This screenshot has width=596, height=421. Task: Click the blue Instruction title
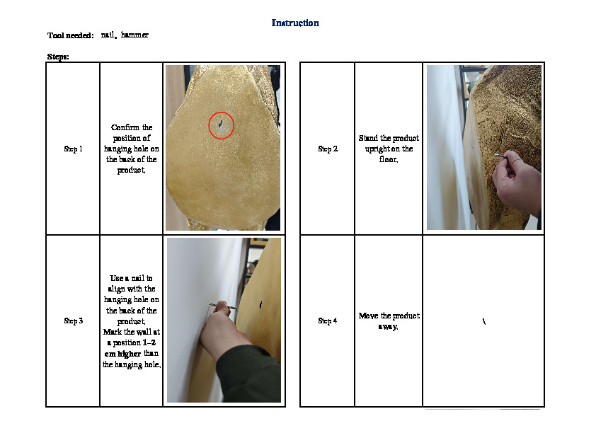click(295, 23)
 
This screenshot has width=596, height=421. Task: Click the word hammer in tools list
click(134, 35)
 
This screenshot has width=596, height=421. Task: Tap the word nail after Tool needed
click(108, 35)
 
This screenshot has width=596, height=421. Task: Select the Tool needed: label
click(70, 35)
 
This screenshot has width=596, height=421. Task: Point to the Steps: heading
click(58, 57)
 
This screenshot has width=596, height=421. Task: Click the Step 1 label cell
click(73, 149)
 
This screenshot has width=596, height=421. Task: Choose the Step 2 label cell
click(328, 149)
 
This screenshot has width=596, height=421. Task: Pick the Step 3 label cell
click(73, 321)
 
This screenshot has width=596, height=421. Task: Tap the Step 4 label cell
click(328, 321)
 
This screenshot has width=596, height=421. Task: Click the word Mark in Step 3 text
click(113, 332)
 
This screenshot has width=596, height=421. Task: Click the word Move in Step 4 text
click(368, 316)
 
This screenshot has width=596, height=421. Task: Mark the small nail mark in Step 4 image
click(484, 321)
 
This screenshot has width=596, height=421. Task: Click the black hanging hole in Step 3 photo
click(260, 304)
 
